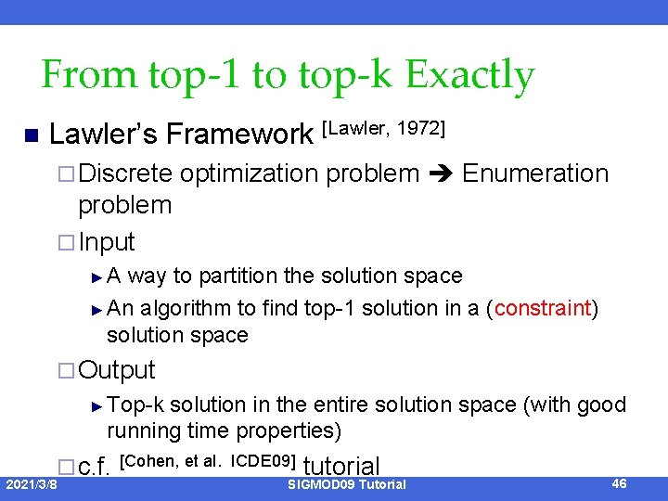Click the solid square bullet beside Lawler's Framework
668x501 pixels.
pyautogui.click(x=30, y=136)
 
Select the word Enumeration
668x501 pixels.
pyautogui.click(x=535, y=173)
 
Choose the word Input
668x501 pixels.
pyautogui.click(x=107, y=242)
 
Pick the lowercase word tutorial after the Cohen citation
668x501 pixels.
pyautogui.click(x=341, y=467)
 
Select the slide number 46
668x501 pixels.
pyautogui.click(x=621, y=483)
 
